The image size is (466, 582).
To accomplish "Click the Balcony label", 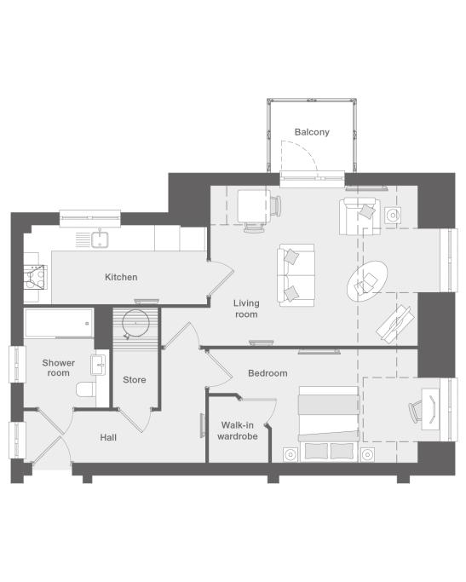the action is click(x=312, y=132).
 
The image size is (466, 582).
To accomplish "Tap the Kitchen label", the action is click(x=121, y=277).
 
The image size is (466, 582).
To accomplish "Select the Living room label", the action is click(x=246, y=308).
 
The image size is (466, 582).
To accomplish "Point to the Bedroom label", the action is click(x=268, y=373).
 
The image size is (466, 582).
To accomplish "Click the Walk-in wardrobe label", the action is click(x=238, y=430).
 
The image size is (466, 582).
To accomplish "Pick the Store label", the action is click(x=135, y=380).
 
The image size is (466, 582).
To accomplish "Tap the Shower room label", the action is click(x=58, y=368).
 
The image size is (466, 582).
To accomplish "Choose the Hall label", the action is click(x=108, y=438).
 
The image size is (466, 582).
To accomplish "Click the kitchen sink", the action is click(x=100, y=239).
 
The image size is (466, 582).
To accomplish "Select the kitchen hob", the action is click(x=35, y=277).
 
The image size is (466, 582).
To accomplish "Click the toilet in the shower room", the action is click(x=86, y=389).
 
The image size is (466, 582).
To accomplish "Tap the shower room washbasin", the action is click(x=98, y=365).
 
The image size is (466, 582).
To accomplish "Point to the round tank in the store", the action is click(x=135, y=323).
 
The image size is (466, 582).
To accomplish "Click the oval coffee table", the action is click(x=367, y=281).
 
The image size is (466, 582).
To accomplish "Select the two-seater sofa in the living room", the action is click(x=296, y=275).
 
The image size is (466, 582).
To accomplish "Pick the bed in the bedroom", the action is click(x=329, y=424).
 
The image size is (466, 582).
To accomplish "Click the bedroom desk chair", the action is click(x=416, y=412).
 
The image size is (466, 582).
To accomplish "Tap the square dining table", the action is click(x=254, y=206).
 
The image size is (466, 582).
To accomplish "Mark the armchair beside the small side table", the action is click(x=360, y=216).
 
